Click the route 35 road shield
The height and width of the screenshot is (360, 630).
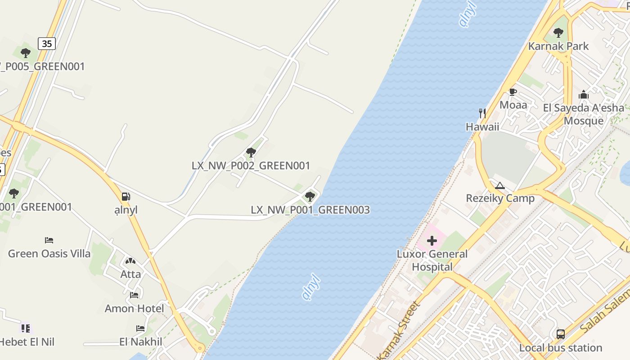point(47,43)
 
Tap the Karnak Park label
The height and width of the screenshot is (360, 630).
point(558,46)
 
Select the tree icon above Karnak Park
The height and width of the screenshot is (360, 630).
point(558,32)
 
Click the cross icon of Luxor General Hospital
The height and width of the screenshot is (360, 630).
point(432,241)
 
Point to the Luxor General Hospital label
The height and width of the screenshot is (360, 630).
point(432,260)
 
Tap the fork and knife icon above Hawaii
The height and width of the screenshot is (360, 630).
point(482,113)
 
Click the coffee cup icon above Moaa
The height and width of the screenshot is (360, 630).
point(513,92)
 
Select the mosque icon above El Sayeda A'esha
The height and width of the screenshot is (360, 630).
point(584,94)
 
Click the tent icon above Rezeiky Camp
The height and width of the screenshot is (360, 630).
point(500,185)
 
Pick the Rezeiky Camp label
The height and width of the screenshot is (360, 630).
point(500,198)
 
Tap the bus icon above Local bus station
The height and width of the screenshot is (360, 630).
point(560,334)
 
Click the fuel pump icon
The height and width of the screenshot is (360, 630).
point(126,197)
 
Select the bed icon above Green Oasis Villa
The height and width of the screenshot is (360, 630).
point(49,240)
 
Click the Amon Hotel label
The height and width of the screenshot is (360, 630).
point(134,308)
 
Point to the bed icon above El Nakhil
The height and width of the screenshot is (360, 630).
point(140,328)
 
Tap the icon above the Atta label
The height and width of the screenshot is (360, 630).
point(130,261)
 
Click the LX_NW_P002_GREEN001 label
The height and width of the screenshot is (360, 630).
point(251,166)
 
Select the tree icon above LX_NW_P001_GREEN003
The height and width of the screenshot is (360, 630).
point(310,196)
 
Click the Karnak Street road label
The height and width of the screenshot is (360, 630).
point(398,330)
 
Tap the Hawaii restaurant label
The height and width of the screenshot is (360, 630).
point(482,126)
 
